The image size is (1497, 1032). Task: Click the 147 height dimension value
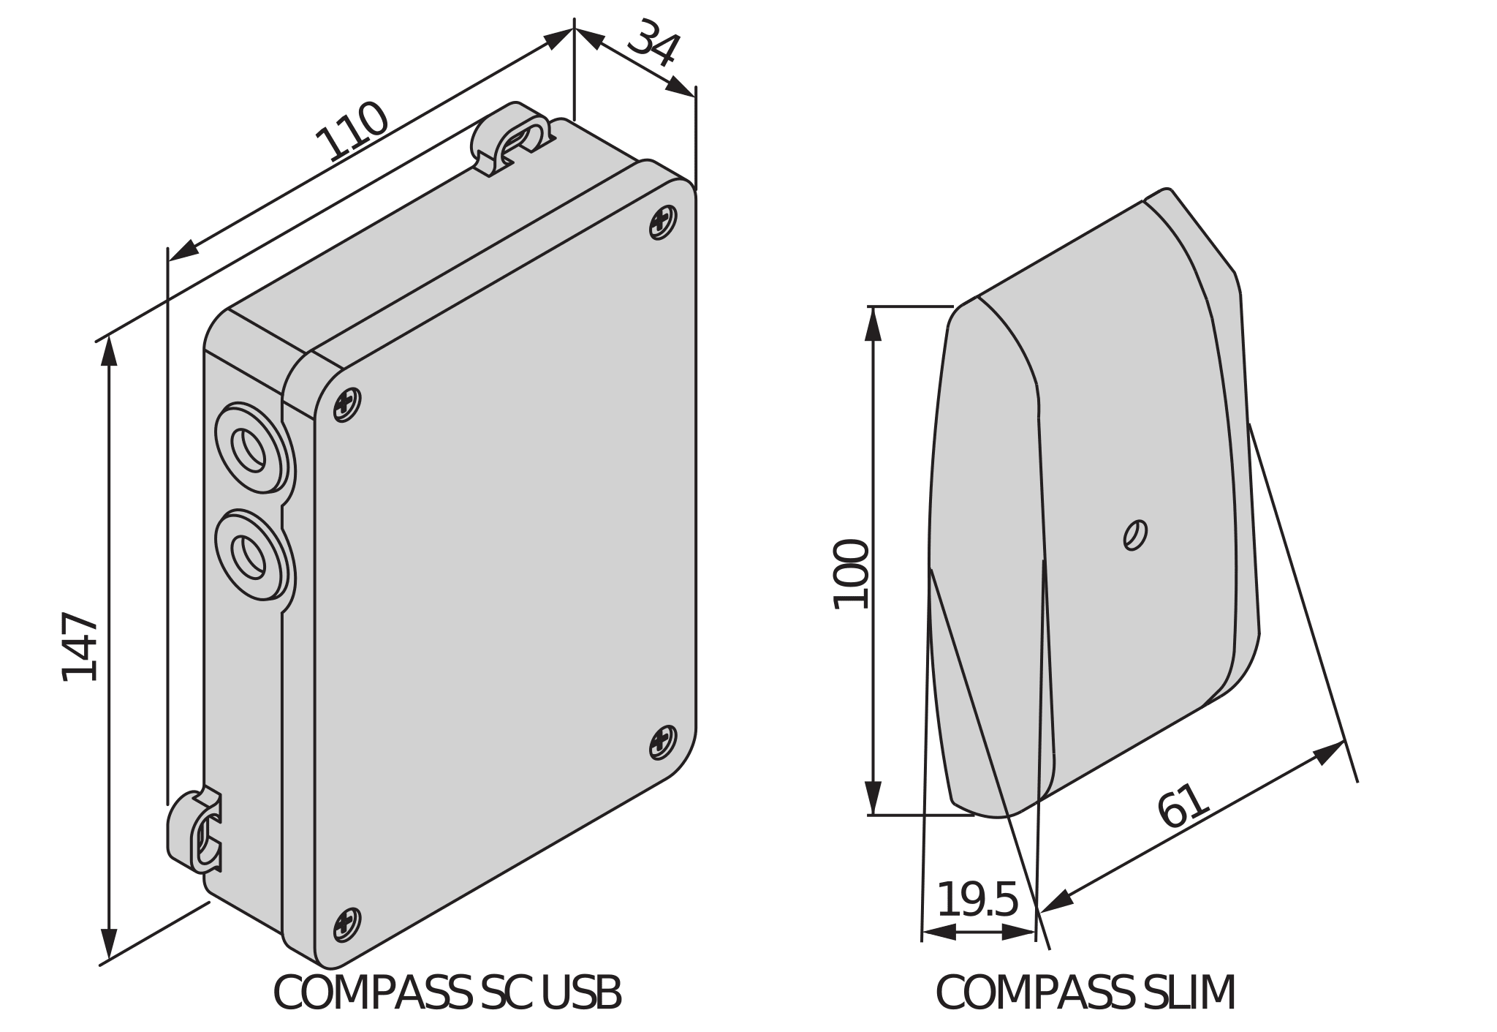tap(80, 647)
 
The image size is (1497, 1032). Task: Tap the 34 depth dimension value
tap(653, 44)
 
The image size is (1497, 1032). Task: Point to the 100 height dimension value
tap(851, 574)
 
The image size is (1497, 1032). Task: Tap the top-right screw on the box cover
tap(663, 222)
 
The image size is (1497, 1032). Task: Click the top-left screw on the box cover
tap(347, 404)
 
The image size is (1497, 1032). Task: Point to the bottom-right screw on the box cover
tap(663, 742)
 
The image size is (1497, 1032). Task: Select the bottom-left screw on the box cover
tap(347, 924)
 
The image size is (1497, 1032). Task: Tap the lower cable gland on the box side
tap(254, 555)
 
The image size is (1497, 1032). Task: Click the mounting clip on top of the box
tap(512, 138)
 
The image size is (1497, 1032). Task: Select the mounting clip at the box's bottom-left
tap(194, 831)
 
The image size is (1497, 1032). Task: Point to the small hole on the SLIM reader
tap(1134, 535)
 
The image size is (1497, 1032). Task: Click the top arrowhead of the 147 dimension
tap(109, 351)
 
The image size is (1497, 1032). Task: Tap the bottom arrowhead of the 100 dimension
tap(873, 798)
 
